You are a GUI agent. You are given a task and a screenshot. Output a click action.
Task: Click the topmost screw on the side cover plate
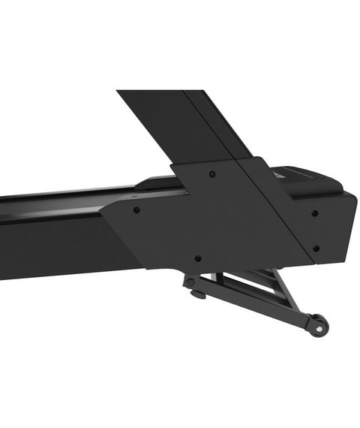(212, 174)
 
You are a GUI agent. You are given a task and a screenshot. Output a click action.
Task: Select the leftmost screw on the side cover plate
(136, 210)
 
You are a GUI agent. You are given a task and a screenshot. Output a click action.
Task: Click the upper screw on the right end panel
(314, 212)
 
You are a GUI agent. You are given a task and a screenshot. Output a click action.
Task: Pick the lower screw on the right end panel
(316, 248)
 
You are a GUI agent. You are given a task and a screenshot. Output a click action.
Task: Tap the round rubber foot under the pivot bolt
(199, 295)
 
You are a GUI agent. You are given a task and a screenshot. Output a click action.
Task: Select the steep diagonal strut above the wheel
(289, 293)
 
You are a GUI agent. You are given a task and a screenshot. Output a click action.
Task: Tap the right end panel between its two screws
(315, 230)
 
